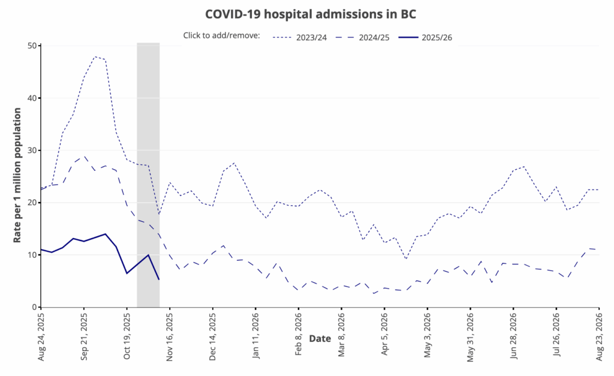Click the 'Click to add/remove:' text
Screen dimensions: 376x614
point(221,36)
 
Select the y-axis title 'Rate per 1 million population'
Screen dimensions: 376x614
point(17,175)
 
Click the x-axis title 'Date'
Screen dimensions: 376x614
point(320,339)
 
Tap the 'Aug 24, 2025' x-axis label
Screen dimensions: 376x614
point(41,338)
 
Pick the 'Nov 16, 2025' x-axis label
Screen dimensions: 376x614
point(170,338)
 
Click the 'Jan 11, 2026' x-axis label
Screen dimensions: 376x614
point(256,338)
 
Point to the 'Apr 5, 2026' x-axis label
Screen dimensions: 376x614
point(385,336)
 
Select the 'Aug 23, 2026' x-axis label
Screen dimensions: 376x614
point(599,338)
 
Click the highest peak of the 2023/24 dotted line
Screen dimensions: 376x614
point(95,57)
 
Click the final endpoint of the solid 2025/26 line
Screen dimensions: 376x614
point(159,279)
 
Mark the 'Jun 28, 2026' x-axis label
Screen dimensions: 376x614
point(513,338)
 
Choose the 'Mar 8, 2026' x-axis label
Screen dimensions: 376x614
point(342,336)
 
